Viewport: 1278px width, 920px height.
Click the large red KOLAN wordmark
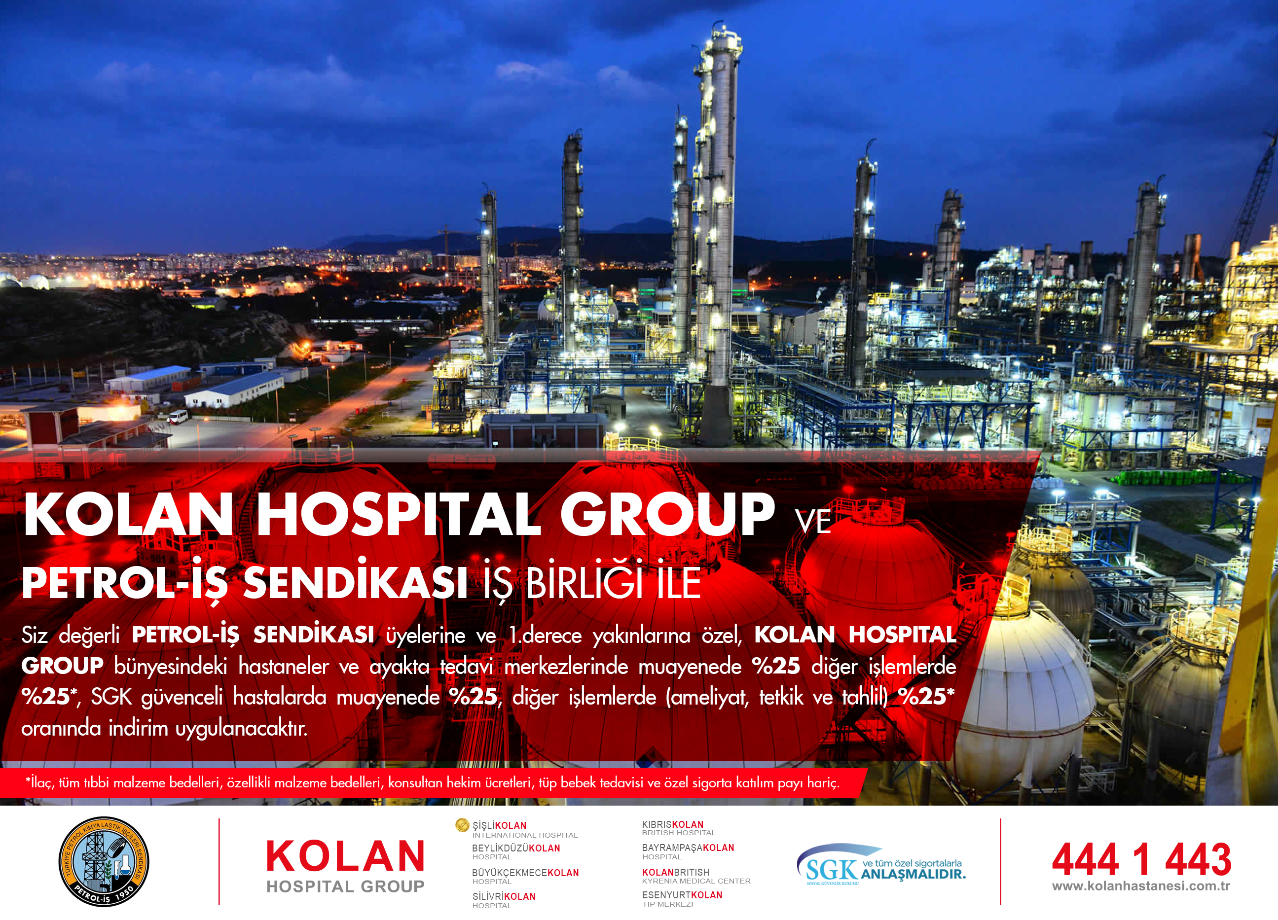coord(345,856)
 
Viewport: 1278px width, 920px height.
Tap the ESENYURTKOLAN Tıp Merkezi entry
coord(682,899)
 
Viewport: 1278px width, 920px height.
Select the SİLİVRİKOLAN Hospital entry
coord(504,900)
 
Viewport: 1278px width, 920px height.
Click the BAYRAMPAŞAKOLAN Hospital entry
coord(688,851)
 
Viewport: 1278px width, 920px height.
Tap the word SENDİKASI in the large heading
coord(355,583)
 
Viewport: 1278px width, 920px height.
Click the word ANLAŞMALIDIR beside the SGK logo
coord(913,874)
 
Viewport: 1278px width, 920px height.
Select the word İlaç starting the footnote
coord(40,782)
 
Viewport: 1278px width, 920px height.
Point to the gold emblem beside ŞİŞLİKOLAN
coord(462,825)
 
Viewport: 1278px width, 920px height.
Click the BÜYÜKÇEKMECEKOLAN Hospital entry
coord(525,876)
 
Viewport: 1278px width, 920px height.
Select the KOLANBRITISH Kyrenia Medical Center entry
coord(696,876)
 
